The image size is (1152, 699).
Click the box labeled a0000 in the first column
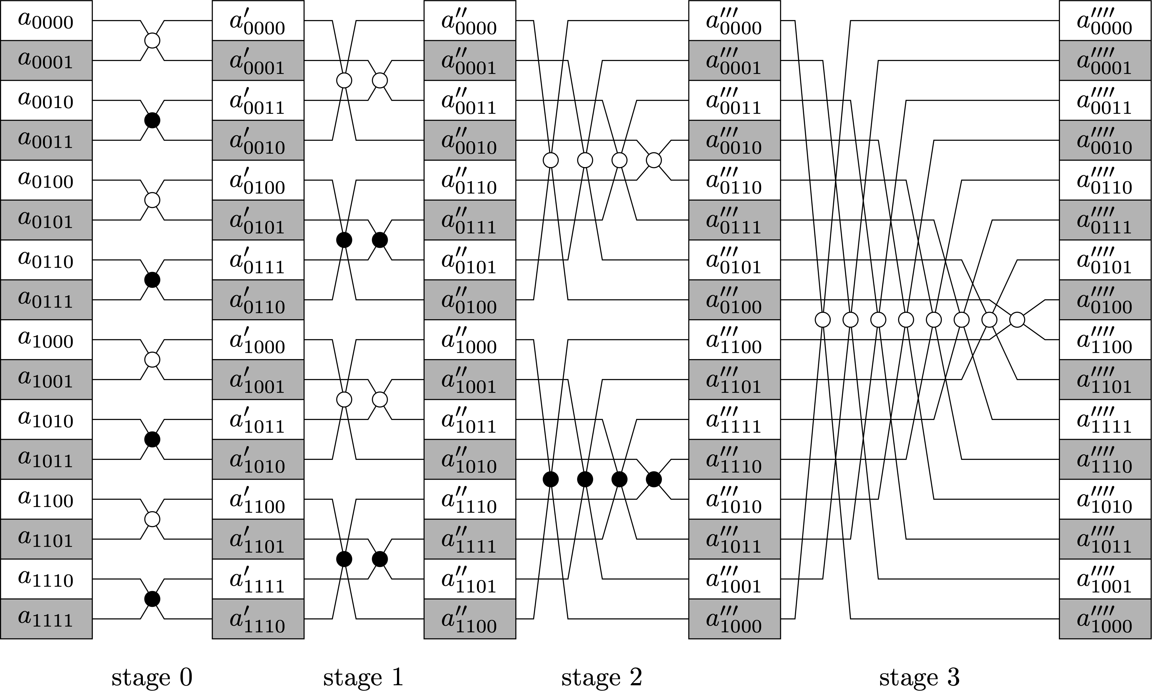pyautogui.click(x=46, y=21)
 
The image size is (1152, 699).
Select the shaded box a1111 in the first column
pyautogui.click(x=46, y=619)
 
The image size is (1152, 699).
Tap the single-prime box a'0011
pyautogui.click(x=258, y=100)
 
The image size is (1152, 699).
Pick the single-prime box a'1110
pyautogui.click(x=258, y=619)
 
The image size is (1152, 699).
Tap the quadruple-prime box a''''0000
pyautogui.click(x=1105, y=21)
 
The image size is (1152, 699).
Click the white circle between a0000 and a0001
pyautogui.click(x=152, y=41)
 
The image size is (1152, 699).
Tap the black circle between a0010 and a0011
pyautogui.click(x=152, y=121)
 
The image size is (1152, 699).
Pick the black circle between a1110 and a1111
pyautogui.click(x=152, y=599)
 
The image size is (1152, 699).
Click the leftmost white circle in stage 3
pyautogui.click(x=823, y=320)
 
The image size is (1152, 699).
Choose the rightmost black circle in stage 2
pyautogui.click(x=654, y=479)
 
